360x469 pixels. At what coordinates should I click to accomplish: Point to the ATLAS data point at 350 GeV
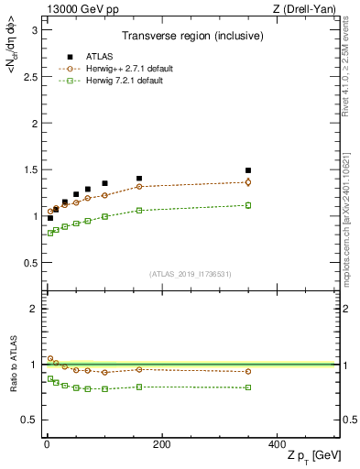point(248,170)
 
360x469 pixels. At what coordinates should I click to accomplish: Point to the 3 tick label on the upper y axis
point(33,30)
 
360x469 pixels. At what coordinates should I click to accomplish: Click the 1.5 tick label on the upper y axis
point(28,169)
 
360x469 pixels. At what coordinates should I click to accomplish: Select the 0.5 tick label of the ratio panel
point(28,420)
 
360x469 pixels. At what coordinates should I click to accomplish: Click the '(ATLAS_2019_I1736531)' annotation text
point(191,273)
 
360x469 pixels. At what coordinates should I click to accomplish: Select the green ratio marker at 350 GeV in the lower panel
point(248,387)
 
